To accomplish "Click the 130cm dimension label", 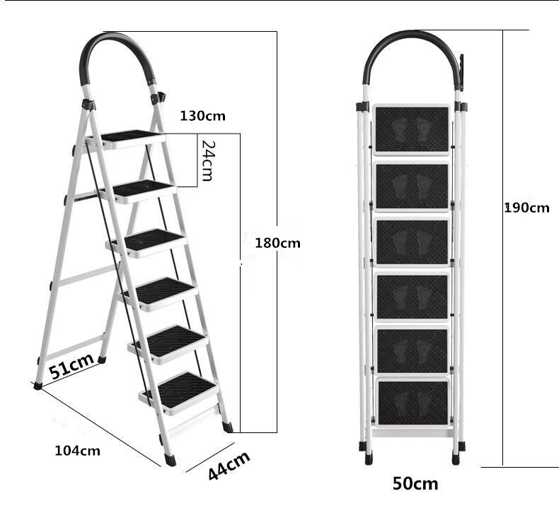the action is coord(202,116).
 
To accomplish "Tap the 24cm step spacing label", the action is coord(207,160).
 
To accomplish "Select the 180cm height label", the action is coord(277,243).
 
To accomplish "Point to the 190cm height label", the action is coord(526,208).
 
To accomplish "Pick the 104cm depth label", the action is coord(78,451).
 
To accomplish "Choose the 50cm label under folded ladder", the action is coord(415,484).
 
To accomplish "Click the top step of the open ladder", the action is coord(129,136).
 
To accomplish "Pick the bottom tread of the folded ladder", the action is coord(413,403).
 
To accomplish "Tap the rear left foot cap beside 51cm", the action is coord(38,386).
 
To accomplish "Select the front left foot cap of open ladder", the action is coord(170,459).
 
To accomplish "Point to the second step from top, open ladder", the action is coord(142,189).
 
